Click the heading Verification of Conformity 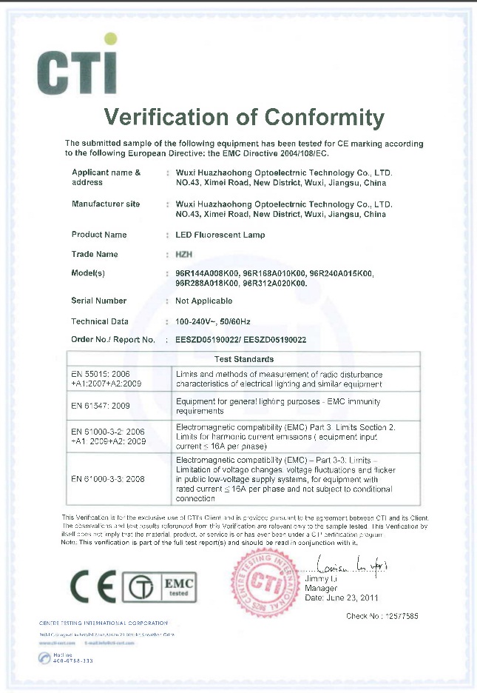click(244, 118)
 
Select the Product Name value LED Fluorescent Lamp click(220, 235)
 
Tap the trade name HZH click(184, 254)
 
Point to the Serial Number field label click(98, 301)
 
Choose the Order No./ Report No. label click(112, 340)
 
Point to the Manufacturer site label click(105, 204)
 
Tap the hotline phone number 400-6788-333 click(72, 659)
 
